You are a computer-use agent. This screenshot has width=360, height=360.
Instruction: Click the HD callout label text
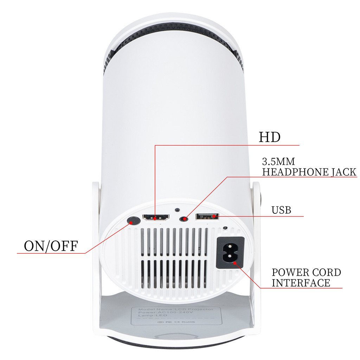click(270, 137)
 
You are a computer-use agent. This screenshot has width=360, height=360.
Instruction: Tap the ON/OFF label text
click(51, 246)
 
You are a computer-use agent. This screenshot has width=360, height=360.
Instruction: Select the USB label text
click(281, 210)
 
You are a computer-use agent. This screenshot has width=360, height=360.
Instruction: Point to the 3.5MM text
click(278, 162)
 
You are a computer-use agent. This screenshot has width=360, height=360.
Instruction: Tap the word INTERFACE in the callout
click(301, 283)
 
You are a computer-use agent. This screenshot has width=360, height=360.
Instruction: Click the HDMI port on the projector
click(155, 217)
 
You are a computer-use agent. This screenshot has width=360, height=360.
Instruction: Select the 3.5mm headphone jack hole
click(183, 218)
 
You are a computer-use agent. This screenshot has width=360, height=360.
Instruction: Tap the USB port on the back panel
click(207, 217)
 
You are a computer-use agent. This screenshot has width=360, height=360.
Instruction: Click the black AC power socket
click(230, 253)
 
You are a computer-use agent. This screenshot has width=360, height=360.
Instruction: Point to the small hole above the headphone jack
click(177, 209)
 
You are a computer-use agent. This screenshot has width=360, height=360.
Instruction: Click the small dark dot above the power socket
click(225, 228)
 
